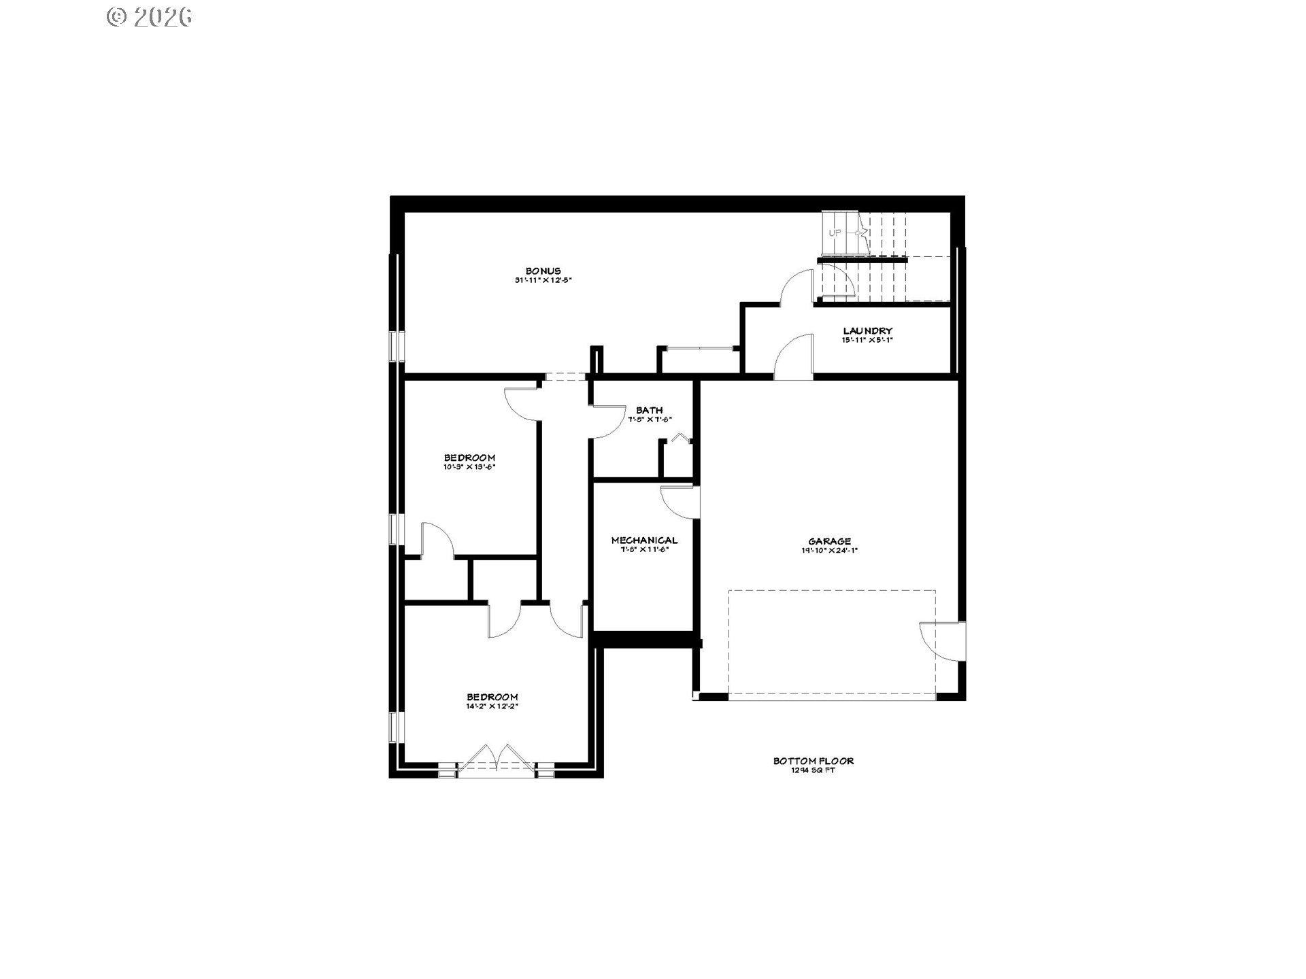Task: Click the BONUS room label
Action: [x=543, y=271]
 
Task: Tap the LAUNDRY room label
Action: [x=867, y=331]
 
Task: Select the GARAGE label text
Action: [x=829, y=541]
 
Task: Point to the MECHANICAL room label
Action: [x=644, y=540]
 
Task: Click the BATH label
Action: [x=649, y=410]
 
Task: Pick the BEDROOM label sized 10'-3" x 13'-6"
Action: [x=469, y=458]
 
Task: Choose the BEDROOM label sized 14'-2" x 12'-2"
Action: [x=492, y=697]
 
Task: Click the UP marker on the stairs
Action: [x=835, y=233]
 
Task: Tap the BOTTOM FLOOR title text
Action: [x=813, y=761]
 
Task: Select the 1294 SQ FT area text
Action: [x=813, y=771]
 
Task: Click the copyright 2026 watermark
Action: [x=150, y=17]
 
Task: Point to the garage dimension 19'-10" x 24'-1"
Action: [x=829, y=551]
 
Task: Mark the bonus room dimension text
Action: [x=543, y=280]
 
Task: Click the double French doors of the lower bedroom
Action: [x=497, y=761]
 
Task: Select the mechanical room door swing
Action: [x=680, y=502]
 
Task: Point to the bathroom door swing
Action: [x=607, y=422]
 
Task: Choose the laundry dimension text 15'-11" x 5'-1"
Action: [x=867, y=340]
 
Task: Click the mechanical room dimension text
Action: [x=644, y=549]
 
